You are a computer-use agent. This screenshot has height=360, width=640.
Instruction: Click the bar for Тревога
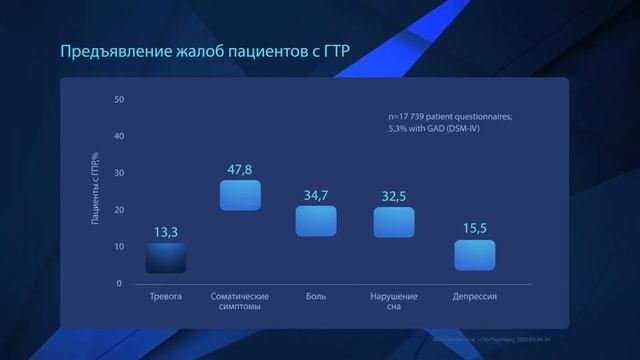[166, 258]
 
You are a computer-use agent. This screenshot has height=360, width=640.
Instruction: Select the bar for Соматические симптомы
[240, 195]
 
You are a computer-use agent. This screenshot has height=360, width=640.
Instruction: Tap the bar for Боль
[316, 221]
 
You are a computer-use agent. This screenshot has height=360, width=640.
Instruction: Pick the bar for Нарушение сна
[394, 222]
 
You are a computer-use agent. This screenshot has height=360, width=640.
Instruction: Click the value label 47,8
[240, 170]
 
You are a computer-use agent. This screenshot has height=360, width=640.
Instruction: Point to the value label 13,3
[166, 232]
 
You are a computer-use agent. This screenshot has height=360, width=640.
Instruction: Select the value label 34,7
[316, 196]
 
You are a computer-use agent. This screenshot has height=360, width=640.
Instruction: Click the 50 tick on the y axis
[119, 100]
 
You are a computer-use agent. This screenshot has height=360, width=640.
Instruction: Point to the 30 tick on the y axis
[119, 173]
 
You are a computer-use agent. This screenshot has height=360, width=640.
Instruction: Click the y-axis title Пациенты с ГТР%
[96, 190]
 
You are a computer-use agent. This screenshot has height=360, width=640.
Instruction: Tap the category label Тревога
[166, 297]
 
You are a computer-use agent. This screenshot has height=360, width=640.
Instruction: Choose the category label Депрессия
[475, 297]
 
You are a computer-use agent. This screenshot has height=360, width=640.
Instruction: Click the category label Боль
[316, 297]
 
